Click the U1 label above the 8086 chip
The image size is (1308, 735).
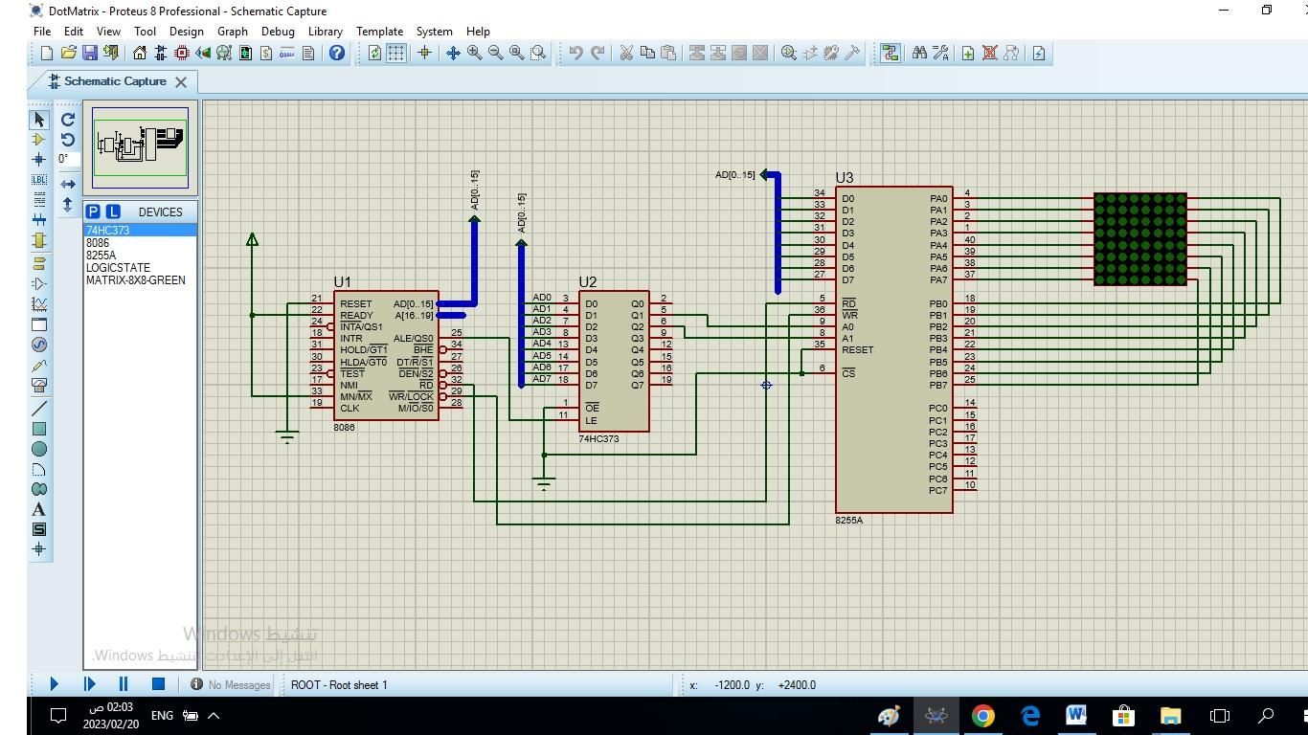[x=342, y=281]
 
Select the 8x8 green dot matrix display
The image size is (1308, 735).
[x=1139, y=238]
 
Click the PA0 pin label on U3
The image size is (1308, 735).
[x=937, y=199]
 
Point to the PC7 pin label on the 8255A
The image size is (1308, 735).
[x=937, y=491]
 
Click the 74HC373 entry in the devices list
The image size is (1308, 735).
[x=107, y=231]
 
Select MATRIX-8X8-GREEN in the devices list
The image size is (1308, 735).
[x=135, y=280]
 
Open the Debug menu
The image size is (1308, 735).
[x=278, y=31]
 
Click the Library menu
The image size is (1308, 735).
[x=325, y=31]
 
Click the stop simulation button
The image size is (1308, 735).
[x=158, y=683]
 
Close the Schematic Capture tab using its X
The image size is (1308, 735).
[x=180, y=82]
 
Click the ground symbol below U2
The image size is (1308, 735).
[x=544, y=484]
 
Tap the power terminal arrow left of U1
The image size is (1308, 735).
[x=252, y=239]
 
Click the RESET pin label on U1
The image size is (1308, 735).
[x=355, y=304]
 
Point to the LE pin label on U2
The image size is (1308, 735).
[x=591, y=420]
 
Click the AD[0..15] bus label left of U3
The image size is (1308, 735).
[x=734, y=175]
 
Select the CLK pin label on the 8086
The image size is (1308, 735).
[x=350, y=409]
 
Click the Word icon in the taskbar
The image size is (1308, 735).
[x=1075, y=715]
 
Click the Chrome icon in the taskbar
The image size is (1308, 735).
[x=982, y=715]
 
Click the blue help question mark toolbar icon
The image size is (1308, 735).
[x=336, y=54]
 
